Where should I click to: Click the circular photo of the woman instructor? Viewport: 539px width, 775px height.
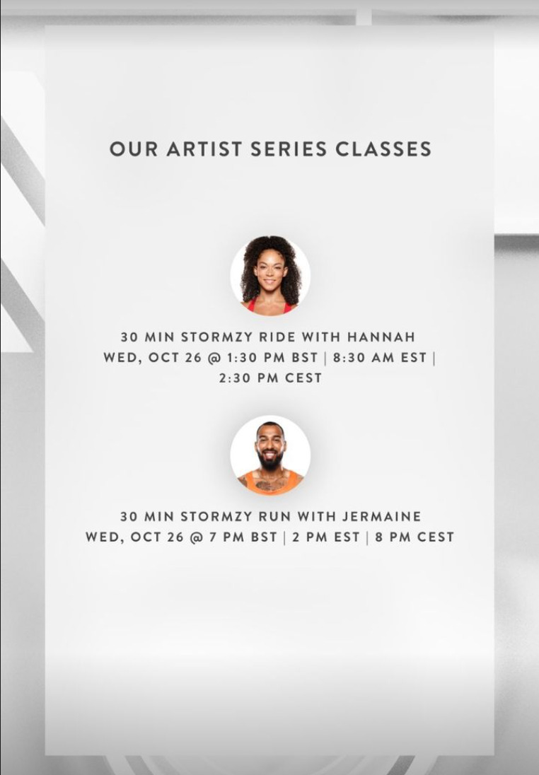270,275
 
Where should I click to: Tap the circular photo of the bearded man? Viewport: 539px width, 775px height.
270,455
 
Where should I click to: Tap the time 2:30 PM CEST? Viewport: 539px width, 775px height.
269,378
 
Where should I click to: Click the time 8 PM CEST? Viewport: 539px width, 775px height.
415,537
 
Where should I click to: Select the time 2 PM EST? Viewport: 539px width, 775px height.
325,537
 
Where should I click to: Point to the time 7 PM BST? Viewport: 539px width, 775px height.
243,537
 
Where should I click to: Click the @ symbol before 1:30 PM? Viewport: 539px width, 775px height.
214,357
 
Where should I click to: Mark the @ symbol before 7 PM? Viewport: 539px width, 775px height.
196,537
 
